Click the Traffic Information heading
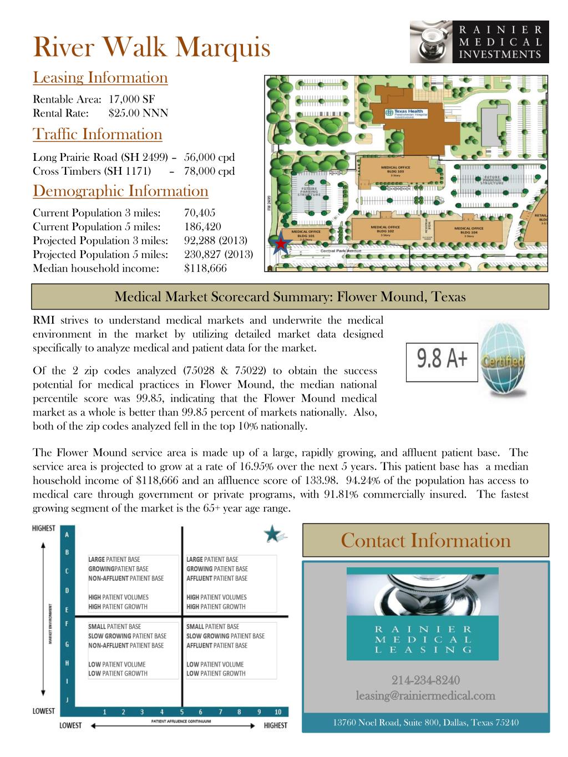coord(98,134)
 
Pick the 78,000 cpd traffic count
coord(209,171)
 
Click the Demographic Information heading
coord(120,191)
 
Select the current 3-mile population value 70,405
coord(199,213)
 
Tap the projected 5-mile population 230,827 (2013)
coord(218,255)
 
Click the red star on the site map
coord(282,243)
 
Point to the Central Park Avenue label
coord(341,251)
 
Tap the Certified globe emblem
coord(503,360)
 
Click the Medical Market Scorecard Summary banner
coord(290,297)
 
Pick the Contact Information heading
coord(425,540)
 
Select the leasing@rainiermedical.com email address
coord(425,695)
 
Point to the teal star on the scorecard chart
coord(272,534)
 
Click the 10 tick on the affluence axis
coord(278,712)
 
